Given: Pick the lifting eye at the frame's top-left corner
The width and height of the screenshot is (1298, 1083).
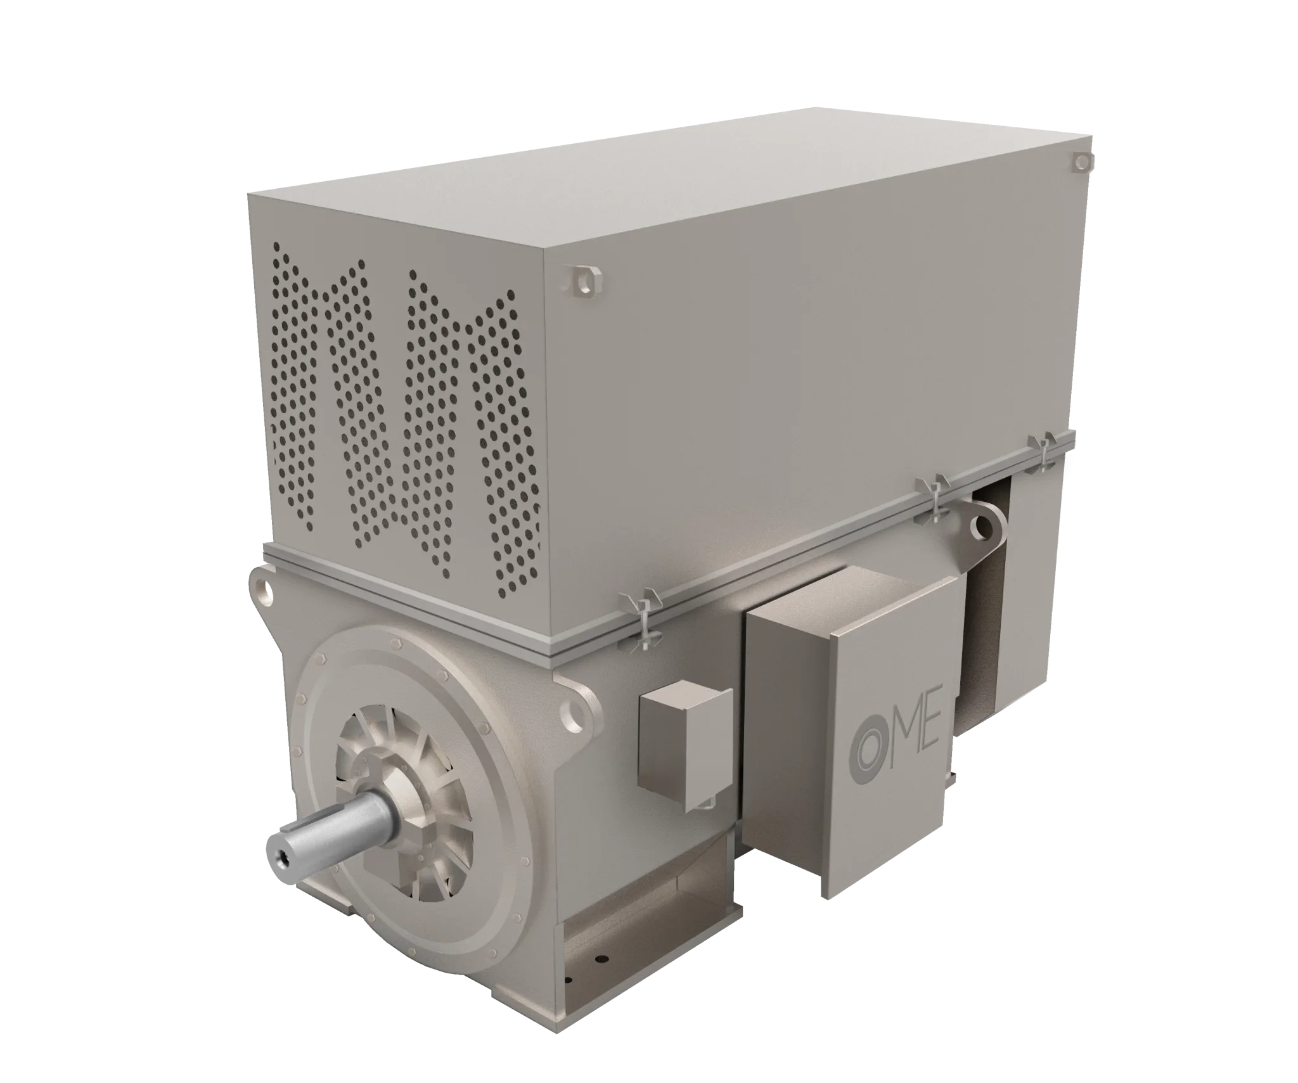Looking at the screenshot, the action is pos(262,587).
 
